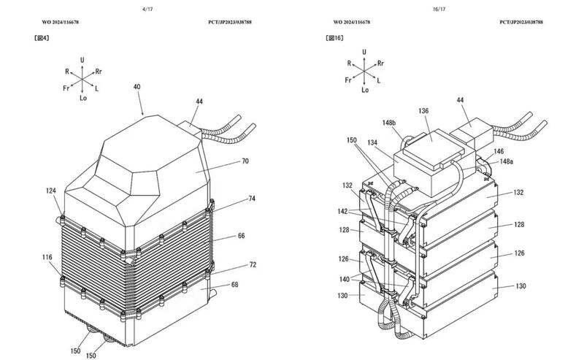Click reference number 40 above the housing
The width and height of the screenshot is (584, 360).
[x=137, y=87]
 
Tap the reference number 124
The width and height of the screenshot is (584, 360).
[x=51, y=192]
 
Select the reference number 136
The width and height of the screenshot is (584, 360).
[x=423, y=111]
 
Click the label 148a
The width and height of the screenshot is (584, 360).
[x=505, y=163]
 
